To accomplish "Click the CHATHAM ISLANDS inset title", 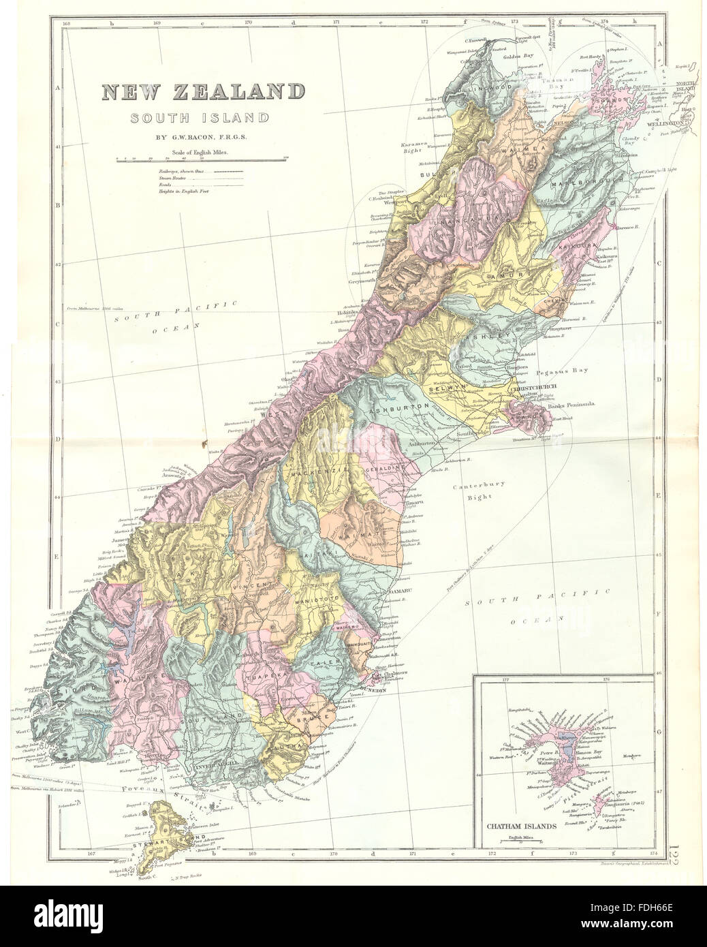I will pyautogui.click(x=521, y=826).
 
